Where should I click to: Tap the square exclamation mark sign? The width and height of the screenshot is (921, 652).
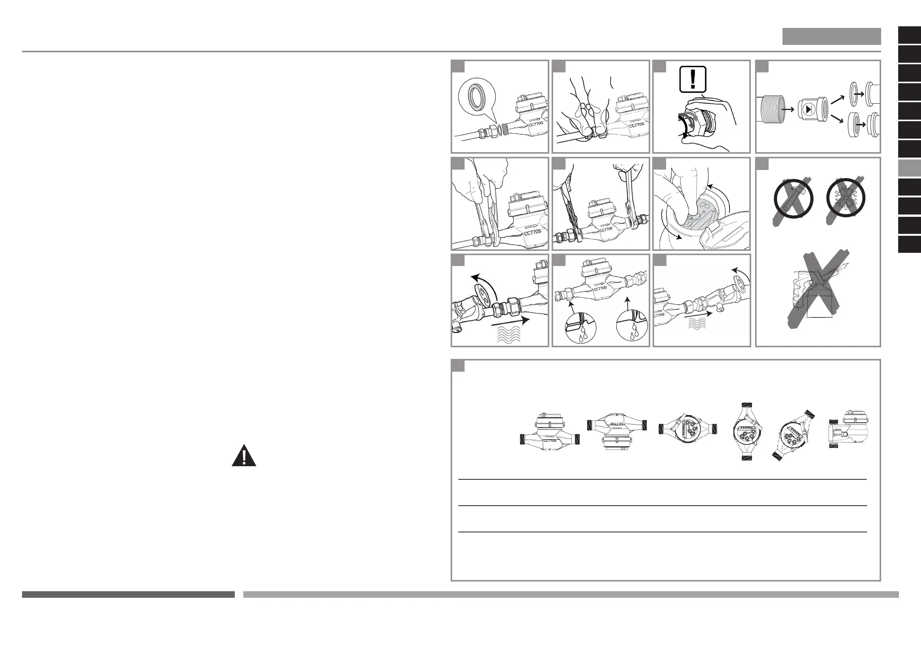[x=692, y=79]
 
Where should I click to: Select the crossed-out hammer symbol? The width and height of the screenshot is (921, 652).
[x=793, y=199]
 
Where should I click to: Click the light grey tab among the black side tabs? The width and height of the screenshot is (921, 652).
[x=909, y=168]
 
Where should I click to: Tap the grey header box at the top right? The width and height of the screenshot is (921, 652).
[x=831, y=36]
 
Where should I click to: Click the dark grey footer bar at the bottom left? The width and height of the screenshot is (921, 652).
[x=128, y=595]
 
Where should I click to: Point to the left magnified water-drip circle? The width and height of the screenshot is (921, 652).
[x=581, y=328]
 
